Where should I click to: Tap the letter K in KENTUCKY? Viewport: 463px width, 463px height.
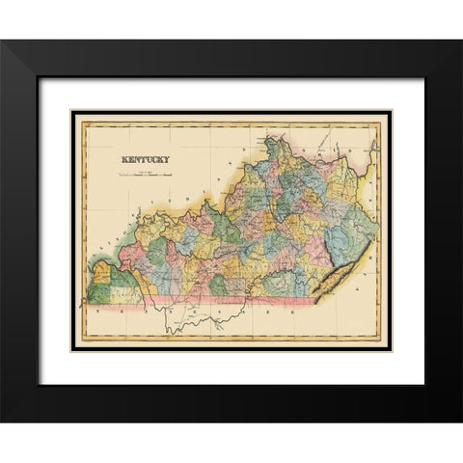coord(123,160)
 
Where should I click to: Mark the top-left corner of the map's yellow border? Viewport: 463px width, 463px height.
coord(74,114)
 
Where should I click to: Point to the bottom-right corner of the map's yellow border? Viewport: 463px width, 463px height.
coord(389,348)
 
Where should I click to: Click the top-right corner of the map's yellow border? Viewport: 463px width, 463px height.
coord(389,114)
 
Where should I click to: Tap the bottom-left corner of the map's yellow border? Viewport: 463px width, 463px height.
coord(74,348)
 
